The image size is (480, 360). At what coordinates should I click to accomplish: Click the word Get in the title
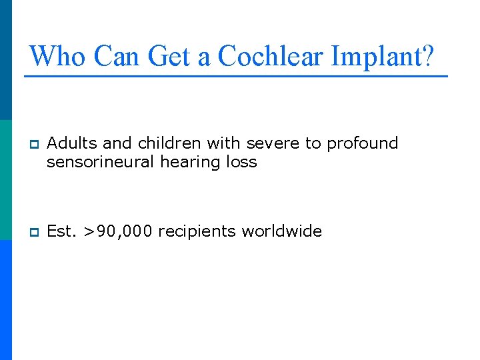point(169,56)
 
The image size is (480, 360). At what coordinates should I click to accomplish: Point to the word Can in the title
point(117,56)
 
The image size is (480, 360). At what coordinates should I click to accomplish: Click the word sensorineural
point(101,162)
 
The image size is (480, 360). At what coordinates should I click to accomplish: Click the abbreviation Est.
point(63,231)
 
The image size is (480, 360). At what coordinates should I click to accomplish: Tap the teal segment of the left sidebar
point(5,180)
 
